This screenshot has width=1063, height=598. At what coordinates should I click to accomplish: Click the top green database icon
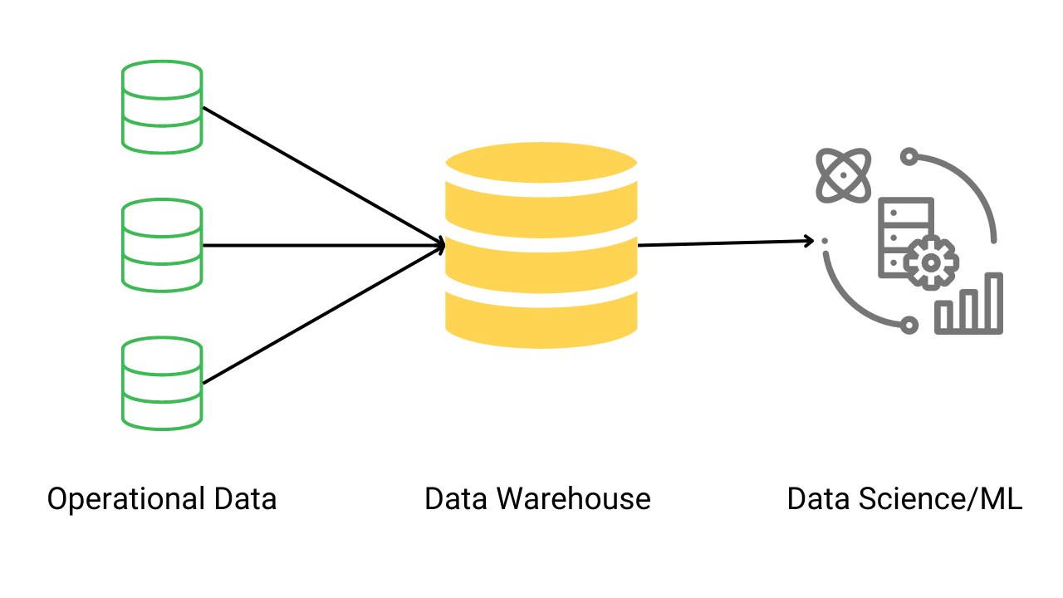[162, 106]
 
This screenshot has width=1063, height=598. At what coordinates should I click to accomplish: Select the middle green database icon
[162, 245]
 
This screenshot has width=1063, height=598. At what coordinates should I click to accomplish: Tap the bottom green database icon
[162, 383]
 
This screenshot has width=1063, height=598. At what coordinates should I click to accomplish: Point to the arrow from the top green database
[324, 176]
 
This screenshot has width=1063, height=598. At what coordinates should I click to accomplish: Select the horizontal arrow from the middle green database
[324, 245]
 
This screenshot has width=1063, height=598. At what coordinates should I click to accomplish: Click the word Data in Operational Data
[245, 499]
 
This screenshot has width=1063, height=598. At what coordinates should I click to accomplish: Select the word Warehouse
[574, 499]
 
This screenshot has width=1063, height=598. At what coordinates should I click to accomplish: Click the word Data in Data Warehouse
[456, 499]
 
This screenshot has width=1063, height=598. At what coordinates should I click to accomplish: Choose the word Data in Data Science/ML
[819, 499]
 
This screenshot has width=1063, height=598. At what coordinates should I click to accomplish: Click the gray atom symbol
[844, 175]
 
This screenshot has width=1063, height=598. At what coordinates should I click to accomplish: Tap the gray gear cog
[931, 262]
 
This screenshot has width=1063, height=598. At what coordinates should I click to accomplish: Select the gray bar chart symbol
[969, 305]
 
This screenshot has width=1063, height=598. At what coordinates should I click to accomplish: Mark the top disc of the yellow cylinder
[541, 163]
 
